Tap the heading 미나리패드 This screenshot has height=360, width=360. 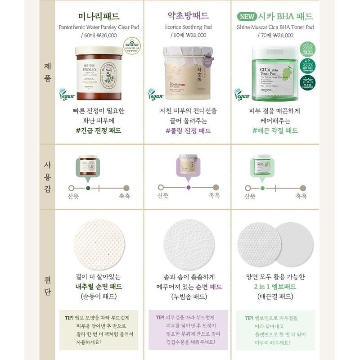coord(99,16)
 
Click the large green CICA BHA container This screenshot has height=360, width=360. coord(275,74)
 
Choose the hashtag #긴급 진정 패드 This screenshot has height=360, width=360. coord(99,131)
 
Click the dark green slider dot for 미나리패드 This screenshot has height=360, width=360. coord(88,188)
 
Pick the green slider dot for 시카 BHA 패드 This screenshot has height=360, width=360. coord(262,188)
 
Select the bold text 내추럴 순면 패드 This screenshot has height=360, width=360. coord(99,287)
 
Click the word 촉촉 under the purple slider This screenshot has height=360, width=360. coord(214,196)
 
